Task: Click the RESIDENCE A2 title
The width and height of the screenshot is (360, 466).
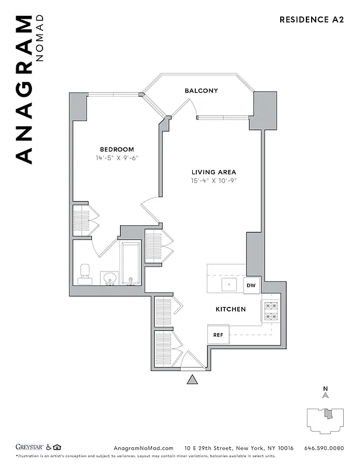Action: tap(312, 19)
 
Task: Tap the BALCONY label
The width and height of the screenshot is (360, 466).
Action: tap(201, 91)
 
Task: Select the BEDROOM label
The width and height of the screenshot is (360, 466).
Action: tap(117, 149)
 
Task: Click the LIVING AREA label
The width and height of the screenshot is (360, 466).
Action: tap(214, 172)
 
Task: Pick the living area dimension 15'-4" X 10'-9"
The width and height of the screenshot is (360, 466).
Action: tap(214, 181)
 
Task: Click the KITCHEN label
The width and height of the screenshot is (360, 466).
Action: tap(231, 309)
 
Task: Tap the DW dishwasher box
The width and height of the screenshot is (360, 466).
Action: tap(252, 285)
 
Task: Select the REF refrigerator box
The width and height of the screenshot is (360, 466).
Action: tap(218, 335)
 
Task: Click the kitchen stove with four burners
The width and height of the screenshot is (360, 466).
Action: tap(270, 312)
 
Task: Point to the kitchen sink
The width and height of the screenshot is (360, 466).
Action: tap(228, 285)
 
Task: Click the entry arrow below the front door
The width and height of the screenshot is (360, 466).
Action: tap(192, 380)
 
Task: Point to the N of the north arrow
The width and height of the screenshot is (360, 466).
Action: tap(325, 389)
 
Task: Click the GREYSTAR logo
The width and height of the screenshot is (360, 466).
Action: tap(31, 447)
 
